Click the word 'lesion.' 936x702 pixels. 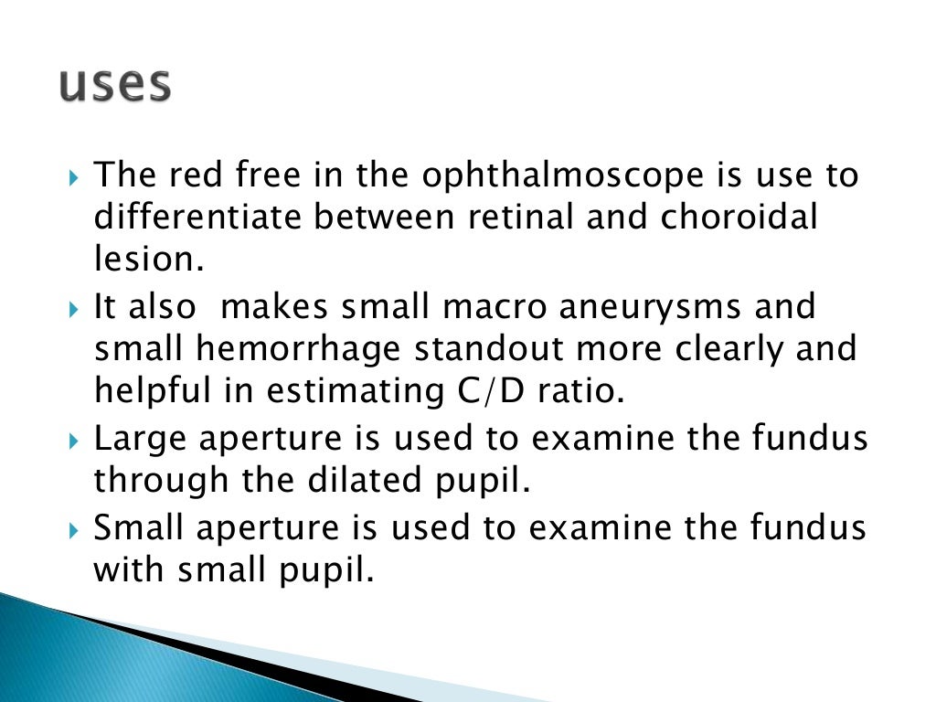[x=145, y=261]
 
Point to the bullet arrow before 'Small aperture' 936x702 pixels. [x=75, y=528]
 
